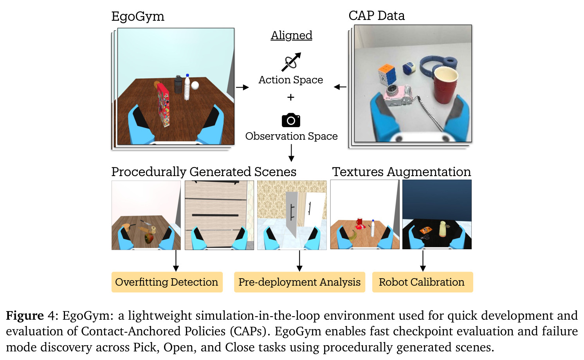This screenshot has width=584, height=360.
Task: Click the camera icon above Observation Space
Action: pyautogui.click(x=291, y=120)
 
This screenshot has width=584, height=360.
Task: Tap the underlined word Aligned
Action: pyautogui.click(x=291, y=36)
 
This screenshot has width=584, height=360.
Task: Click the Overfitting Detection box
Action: pyautogui.click(x=167, y=282)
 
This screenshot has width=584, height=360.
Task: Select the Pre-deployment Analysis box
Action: pyautogui.click(x=299, y=282)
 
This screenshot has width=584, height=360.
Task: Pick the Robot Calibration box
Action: pyautogui.click(x=422, y=282)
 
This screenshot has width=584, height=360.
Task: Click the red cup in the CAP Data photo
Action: pyautogui.click(x=445, y=85)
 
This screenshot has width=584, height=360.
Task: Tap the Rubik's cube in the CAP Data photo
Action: pyautogui.click(x=387, y=75)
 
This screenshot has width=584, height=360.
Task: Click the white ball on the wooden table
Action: pyautogui.click(x=195, y=85)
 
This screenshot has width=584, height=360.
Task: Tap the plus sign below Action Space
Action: pyautogui.click(x=291, y=97)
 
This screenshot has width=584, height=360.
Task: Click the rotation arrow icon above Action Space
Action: pyautogui.click(x=291, y=62)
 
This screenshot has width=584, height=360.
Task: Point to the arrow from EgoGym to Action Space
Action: pyautogui.click(x=242, y=87)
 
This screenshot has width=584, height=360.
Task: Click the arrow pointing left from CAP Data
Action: pyautogui.click(x=340, y=87)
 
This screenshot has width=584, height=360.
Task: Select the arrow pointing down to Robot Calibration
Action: pyautogui.click(x=423, y=261)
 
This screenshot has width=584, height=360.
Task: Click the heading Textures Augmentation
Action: pyautogui.click(x=402, y=172)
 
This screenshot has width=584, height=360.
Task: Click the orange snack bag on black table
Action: pyautogui.click(x=426, y=230)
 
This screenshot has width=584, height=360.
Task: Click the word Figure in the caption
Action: pyautogui.click(x=25, y=316)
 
